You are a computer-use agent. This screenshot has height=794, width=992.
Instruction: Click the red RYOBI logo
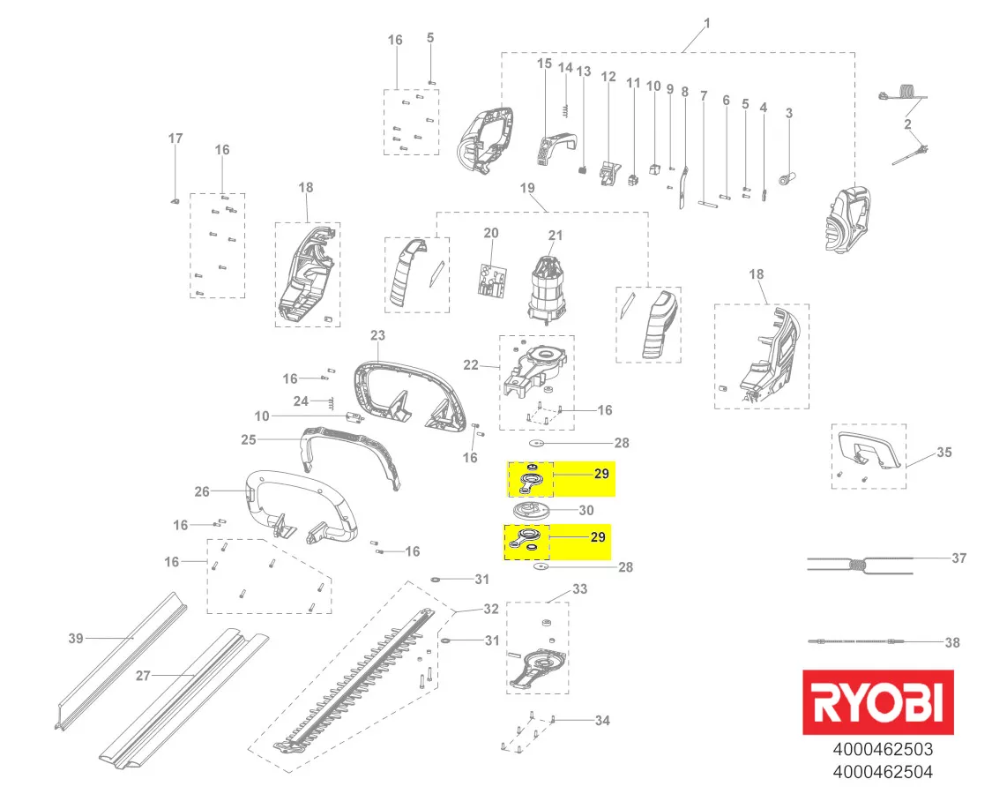pos(878,702)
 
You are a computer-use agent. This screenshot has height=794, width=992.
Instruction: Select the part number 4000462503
pos(883,750)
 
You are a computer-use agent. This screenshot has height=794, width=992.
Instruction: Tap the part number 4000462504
pos(883,773)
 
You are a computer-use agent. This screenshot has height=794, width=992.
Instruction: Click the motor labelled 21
pos(546,286)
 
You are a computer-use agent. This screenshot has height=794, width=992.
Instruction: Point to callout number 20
pos(491,233)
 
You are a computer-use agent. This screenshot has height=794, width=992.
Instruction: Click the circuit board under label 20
pos(492,281)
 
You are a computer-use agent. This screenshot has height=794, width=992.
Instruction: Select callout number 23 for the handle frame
pos(377,335)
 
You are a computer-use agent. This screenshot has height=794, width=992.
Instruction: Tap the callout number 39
pos(76,638)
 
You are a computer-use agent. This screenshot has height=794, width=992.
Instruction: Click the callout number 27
pos(143,676)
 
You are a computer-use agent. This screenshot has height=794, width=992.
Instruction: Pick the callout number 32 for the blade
pos(491,609)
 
